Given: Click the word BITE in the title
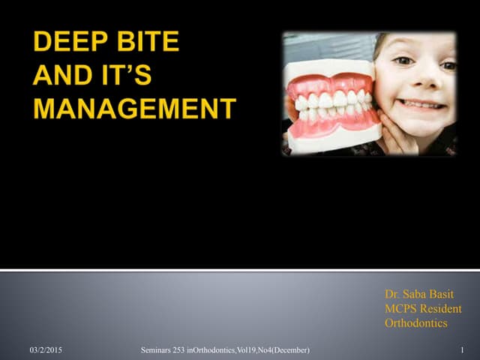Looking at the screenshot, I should click(147, 42).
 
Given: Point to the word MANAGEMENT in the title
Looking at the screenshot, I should click(135, 109).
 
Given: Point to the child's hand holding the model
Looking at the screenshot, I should click(397, 127).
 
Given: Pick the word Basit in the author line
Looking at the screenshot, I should click(447, 295).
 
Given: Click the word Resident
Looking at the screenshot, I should click(442, 309).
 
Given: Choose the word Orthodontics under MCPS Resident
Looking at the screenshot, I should click(416, 323).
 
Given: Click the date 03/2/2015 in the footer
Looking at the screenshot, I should click(46, 350).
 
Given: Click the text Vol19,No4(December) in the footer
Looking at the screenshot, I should click(273, 350).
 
